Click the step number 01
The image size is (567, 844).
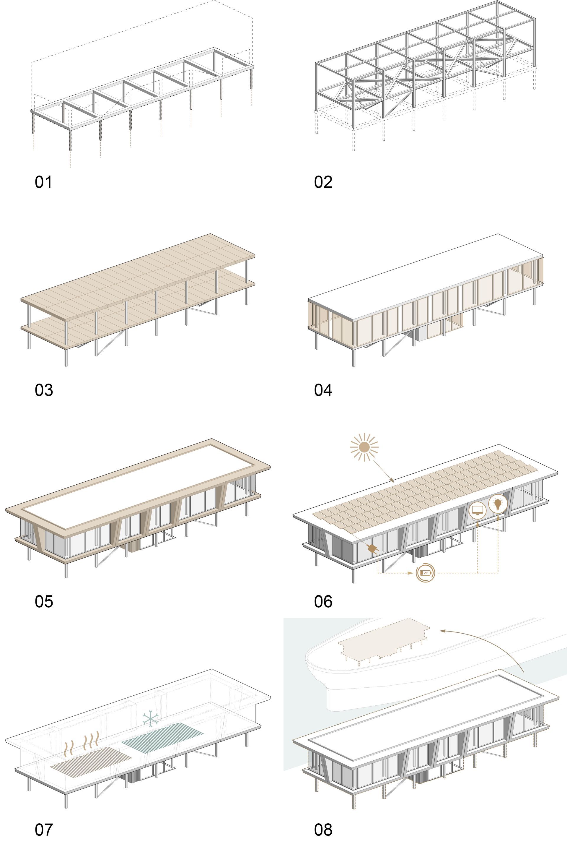pyautogui.click(x=43, y=182)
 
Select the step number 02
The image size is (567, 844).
pyautogui.click(x=323, y=182)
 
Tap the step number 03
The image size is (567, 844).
pyautogui.click(x=44, y=390)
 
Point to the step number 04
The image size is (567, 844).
pyautogui.click(x=323, y=390)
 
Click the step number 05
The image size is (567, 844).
pyautogui.click(x=44, y=601)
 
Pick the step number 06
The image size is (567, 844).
pyautogui.click(x=323, y=601)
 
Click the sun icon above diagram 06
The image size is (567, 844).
pyautogui.click(x=364, y=447)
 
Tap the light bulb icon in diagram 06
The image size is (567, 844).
pyautogui.click(x=498, y=504)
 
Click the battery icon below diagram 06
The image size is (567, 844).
pyautogui.click(x=425, y=573)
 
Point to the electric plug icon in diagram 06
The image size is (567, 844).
pyautogui.click(x=372, y=549)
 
